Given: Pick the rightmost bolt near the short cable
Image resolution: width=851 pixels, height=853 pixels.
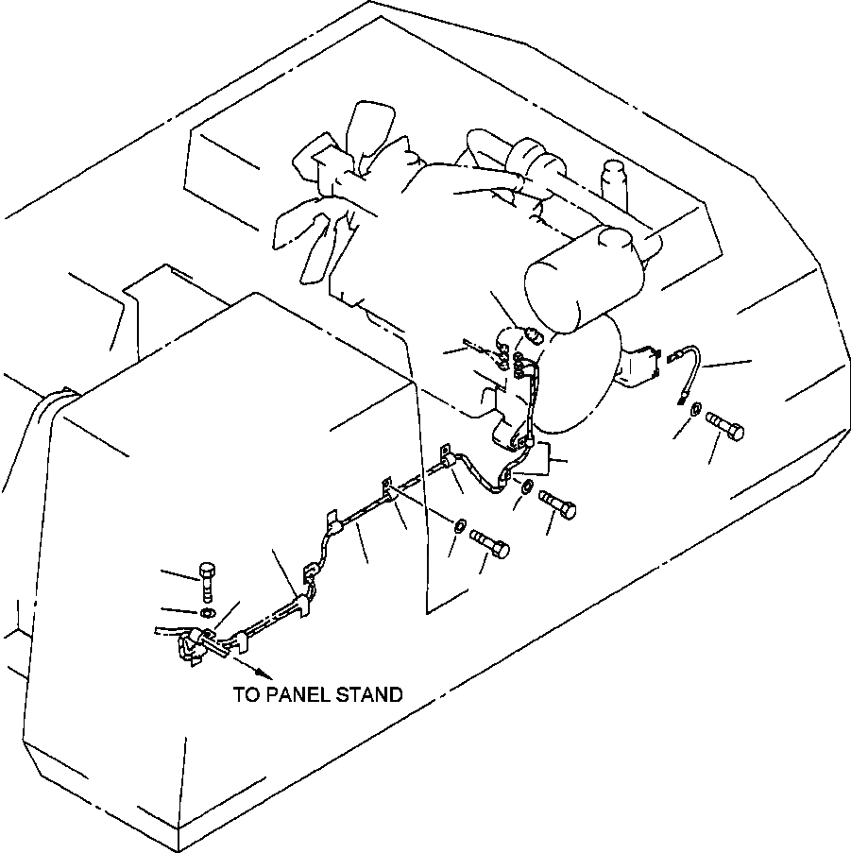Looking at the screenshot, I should tap(725, 427).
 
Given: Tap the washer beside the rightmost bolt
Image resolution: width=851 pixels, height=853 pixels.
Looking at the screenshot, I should tap(695, 408).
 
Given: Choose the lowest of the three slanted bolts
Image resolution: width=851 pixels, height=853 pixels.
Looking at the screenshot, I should tap(488, 541).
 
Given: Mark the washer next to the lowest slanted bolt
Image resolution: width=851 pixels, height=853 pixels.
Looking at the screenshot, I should tap(459, 524).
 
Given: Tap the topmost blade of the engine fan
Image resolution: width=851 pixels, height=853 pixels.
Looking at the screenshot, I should tap(366, 123).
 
